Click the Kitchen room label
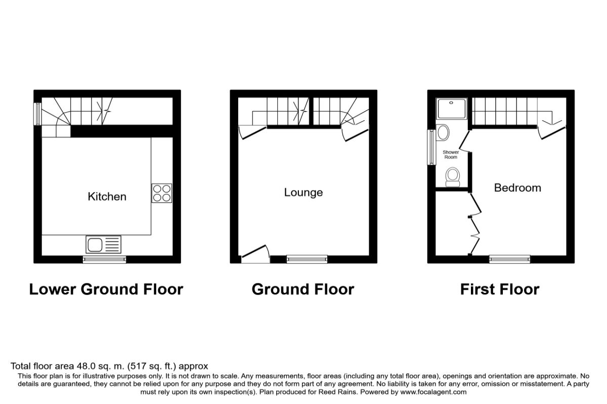point(107,196)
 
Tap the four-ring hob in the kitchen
point(161,193)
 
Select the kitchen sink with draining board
point(104,245)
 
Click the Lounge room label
point(303,192)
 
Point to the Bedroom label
point(517,188)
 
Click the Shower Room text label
point(451,155)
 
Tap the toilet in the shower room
point(453,177)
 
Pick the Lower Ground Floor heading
point(106,289)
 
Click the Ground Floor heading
point(303,289)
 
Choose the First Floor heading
point(500,289)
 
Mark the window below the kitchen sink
point(105,260)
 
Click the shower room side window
point(431,147)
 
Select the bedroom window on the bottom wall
point(510,260)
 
